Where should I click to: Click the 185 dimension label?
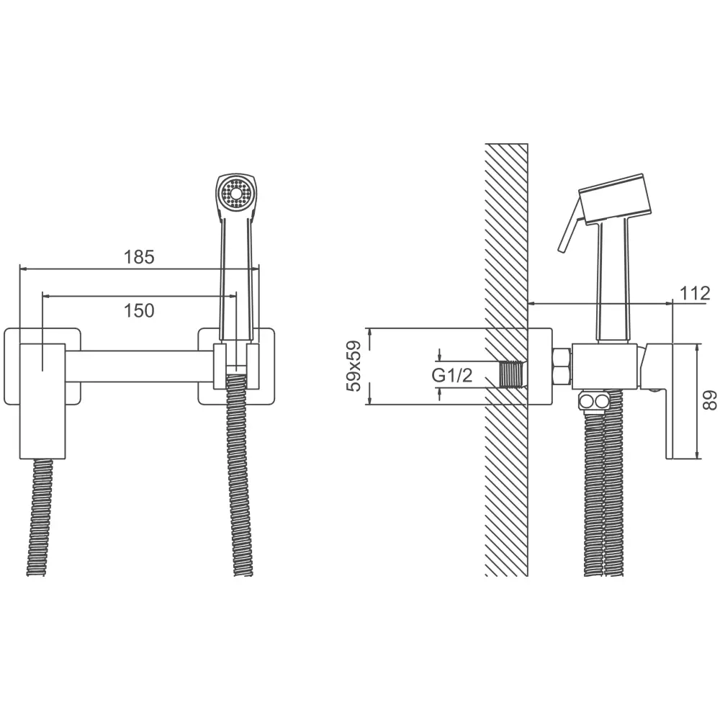[x=139, y=257]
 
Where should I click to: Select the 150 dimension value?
[x=139, y=311]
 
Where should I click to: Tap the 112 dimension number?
[x=695, y=293]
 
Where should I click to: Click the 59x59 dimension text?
[x=354, y=366]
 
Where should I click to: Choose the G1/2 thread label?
[x=452, y=376]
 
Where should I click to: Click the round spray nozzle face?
[x=236, y=193]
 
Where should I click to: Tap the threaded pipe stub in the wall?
[x=513, y=374]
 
